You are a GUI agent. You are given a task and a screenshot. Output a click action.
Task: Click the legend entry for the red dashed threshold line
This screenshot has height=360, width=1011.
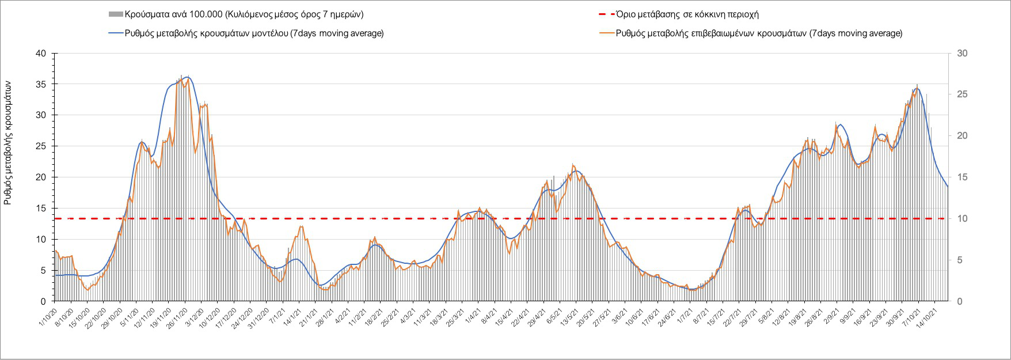(697, 14)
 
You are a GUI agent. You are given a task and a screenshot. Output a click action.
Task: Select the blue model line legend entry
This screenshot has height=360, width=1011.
(254, 33)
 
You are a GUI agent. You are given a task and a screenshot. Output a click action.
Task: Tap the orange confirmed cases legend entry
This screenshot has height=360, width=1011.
(759, 33)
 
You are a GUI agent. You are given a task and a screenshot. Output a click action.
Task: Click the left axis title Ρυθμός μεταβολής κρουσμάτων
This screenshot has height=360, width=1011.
(7, 142)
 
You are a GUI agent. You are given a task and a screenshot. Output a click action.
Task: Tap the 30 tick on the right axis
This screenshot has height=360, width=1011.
(962, 54)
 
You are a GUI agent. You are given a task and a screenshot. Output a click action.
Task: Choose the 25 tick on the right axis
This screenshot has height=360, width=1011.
(962, 94)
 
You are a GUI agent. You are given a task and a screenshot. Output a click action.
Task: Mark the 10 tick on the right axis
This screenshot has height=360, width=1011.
(962, 219)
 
